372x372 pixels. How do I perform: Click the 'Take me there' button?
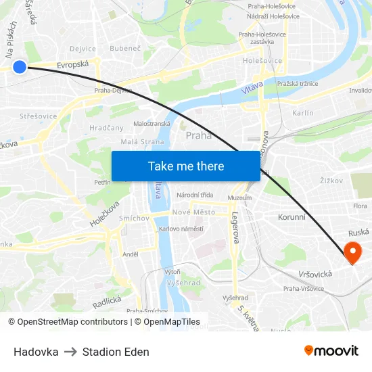(x=186, y=166)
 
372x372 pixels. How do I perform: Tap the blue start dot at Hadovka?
(x=20, y=66)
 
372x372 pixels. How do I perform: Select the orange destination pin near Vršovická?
(x=352, y=253)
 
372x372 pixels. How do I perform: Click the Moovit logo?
(x=331, y=350)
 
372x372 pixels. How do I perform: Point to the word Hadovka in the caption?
(x=36, y=352)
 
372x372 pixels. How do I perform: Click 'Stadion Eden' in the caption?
(x=116, y=352)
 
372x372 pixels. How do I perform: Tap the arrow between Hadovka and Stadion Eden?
(x=70, y=352)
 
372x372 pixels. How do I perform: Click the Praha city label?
(x=198, y=135)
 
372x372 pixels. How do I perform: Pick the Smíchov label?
(x=134, y=218)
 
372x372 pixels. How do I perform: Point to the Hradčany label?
(x=106, y=128)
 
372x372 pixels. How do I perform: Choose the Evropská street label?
(x=73, y=65)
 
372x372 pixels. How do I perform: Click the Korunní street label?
(x=292, y=217)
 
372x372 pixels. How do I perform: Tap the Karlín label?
(x=302, y=113)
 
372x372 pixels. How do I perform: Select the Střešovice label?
(x=39, y=116)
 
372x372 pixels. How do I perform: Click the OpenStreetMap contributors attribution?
(x=68, y=322)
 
